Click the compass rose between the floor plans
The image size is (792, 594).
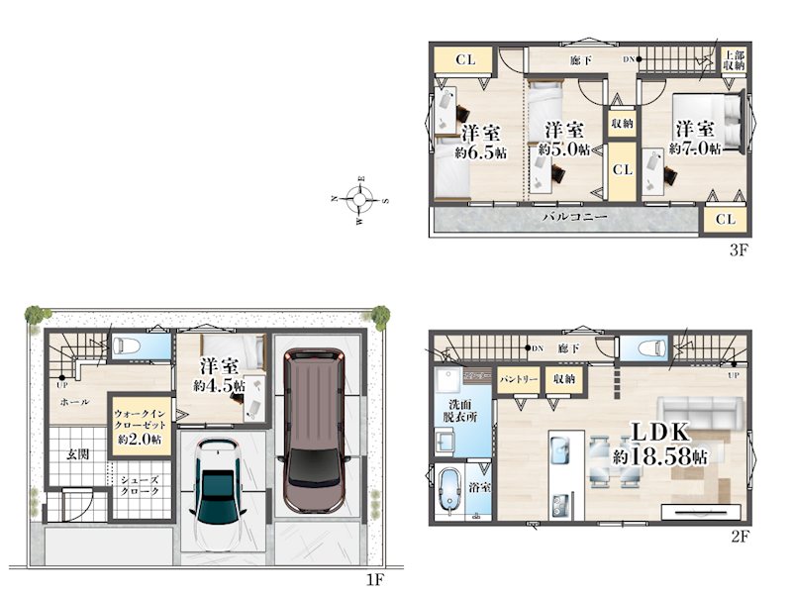point(359,200)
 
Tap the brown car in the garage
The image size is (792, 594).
point(312,431)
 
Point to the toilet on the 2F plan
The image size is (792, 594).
point(651,348)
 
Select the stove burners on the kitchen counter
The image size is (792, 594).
point(561,505)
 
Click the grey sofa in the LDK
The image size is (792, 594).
point(701,413)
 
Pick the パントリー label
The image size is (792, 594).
point(518,378)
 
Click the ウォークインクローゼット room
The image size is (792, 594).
point(140,426)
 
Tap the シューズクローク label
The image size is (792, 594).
point(140,485)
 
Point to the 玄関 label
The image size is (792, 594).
point(78,453)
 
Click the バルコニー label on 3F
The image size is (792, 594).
point(574,217)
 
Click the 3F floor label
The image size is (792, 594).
point(738,250)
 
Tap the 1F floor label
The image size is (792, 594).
point(376,580)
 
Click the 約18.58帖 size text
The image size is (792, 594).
point(659,457)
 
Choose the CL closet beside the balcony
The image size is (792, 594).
point(725,219)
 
